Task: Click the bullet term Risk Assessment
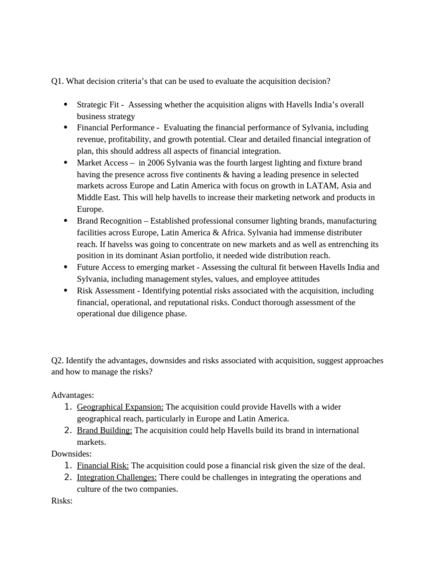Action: tap(105, 290)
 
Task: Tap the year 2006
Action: tap(157, 163)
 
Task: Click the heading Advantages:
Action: tap(73, 395)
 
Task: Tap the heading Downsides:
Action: tap(72, 453)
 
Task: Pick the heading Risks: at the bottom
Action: tap(62, 500)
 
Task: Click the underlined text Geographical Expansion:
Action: tap(120, 407)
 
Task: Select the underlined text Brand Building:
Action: tap(104, 430)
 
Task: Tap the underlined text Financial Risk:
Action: tap(103, 465)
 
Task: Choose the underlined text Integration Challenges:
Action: tap(117, 477)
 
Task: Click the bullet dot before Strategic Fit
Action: tap(66, 104)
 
